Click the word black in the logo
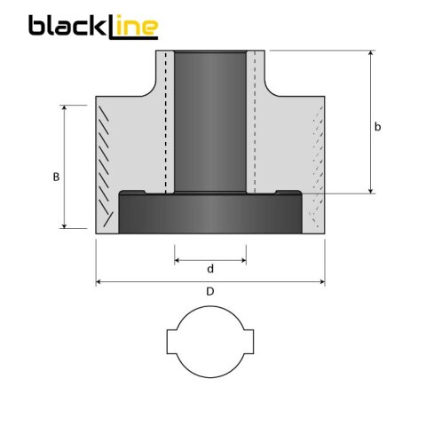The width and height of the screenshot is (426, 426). point(67,26)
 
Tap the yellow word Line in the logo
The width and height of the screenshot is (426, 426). point(133,27)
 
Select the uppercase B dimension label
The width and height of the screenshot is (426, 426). point(56,177)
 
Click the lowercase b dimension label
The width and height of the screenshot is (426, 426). point(378,128)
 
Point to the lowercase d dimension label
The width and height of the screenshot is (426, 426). point(210,269)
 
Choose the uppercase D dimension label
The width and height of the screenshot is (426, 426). point(210,291)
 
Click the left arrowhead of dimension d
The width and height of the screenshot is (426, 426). point(177,260)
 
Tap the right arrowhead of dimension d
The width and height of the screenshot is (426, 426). point(243,260)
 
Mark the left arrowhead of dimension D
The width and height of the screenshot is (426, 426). point(99,282)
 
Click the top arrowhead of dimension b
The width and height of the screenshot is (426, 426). point(370,53)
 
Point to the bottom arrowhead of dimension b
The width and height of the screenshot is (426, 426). point(370,190)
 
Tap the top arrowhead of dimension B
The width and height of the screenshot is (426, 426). point(65,107)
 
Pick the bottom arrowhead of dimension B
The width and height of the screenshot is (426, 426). point(65,225)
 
